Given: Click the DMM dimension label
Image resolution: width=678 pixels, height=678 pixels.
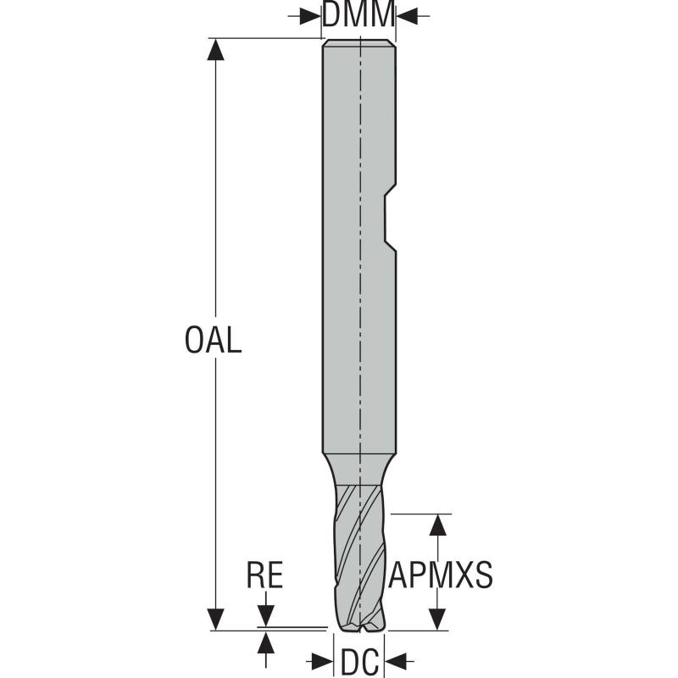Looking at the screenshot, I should coord(359,15).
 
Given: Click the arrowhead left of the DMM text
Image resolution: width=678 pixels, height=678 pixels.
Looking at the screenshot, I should coord(312,15).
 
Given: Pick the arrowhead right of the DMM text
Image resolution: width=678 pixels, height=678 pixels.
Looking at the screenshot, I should coord(407,15).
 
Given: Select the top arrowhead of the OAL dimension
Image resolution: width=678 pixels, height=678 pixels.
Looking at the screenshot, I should coord(217,49).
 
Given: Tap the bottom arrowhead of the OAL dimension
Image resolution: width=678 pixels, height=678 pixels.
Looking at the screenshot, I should coord(217,620).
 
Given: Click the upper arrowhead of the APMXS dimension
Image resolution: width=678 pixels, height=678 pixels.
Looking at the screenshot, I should coord(437,525).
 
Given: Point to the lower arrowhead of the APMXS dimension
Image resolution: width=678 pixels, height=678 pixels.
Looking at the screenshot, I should coord(437,620).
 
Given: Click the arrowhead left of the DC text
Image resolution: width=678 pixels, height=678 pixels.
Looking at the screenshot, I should coord(325,660).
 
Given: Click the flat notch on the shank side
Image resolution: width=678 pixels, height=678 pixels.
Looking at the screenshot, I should coord(389,220).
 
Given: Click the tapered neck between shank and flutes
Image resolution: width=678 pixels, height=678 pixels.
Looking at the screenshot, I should coord(359,467).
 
